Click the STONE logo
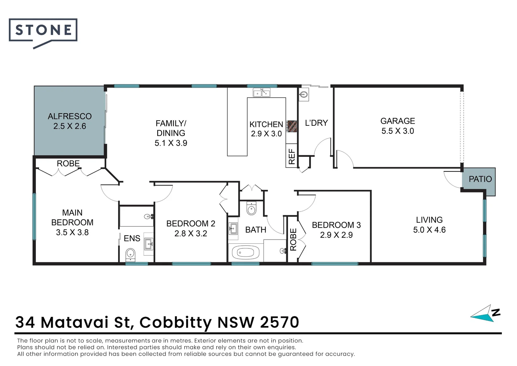(43, 30)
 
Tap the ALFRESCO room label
(70, 116)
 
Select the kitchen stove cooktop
(292, 126)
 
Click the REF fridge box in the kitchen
(291, 156)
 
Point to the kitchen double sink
(262, 92)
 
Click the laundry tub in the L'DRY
(304, 95)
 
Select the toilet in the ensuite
(130, 254)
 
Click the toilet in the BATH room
(251, 209)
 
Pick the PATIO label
(480, 179)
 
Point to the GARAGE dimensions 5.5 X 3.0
(398, 131)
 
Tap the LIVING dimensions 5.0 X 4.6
(429, 230)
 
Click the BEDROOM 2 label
(190, 224)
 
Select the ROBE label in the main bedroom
(68, 163)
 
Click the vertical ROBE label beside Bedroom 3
(293, 239)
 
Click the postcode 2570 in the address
(279, 322)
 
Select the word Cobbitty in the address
(176, 323)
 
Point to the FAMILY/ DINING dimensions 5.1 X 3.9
(171, 143)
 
